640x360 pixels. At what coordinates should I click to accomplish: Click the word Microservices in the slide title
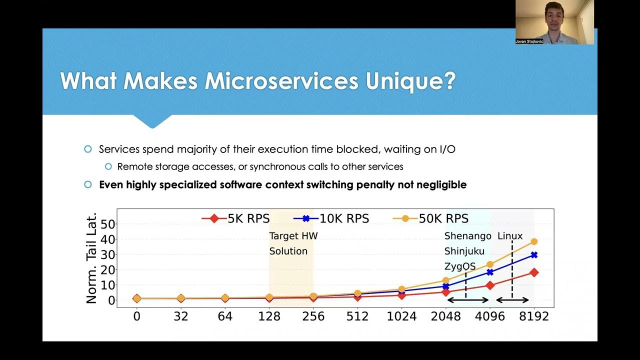coord(281,81)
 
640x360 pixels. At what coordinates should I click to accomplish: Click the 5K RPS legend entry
coord(236,218)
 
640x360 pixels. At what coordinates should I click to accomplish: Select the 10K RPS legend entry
coord(331,218)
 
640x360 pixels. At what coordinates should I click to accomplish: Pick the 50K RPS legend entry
coord(431,218)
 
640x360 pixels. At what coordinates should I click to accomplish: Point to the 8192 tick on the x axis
coord(533,316)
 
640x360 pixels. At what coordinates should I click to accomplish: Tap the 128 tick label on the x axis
coord(269,316)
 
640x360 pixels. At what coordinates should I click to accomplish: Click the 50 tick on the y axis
coord(108,224)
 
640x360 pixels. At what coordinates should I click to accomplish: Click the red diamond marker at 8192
coord(534,272)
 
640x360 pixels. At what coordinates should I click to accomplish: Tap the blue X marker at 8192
coord(534,255)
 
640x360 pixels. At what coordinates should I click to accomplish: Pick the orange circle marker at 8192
coord(534,241)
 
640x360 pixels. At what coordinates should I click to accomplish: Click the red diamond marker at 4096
coord(490,285)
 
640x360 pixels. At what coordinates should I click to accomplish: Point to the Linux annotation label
coord(510,236)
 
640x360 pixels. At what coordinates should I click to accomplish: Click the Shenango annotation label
coord(467,236)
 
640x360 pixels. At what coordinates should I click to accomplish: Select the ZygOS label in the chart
coord(459,266)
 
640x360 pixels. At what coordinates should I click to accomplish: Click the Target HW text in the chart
coord(293,236)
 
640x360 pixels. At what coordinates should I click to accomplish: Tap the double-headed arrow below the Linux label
coord(512,300)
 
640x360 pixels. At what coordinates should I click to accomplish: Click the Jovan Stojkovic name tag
coord(529,41)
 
